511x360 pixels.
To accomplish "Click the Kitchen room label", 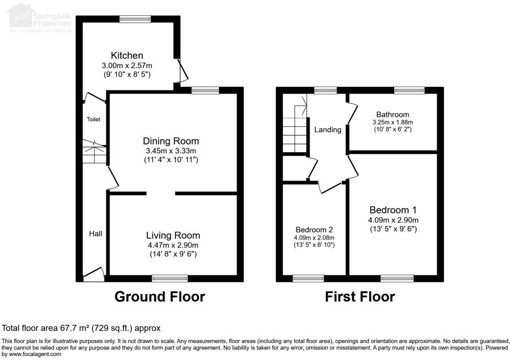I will click(x=127, y=55).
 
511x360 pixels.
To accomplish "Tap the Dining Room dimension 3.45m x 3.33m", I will click(x=171, y=151).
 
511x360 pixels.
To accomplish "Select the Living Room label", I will click(x=173, y=235).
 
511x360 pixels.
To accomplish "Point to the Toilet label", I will click(x=93, y=119).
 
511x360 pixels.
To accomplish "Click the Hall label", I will click(x=95, y=234).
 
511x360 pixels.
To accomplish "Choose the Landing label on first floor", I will click(x=328, y=130).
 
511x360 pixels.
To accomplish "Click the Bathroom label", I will click(x=393, y=115).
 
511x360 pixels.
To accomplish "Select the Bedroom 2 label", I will click(x=314, y=230).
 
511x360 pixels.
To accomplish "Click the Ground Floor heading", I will click(x=160, y=297).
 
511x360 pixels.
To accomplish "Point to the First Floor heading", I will click(x=360, y=297).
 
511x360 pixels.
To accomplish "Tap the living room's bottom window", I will click(x=170, y=278).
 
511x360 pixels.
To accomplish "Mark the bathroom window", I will click(x=409, y=91).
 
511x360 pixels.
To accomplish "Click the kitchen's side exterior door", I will click(x=180, y=71).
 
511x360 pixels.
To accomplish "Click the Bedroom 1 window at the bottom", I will click(x=397, y=278).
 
